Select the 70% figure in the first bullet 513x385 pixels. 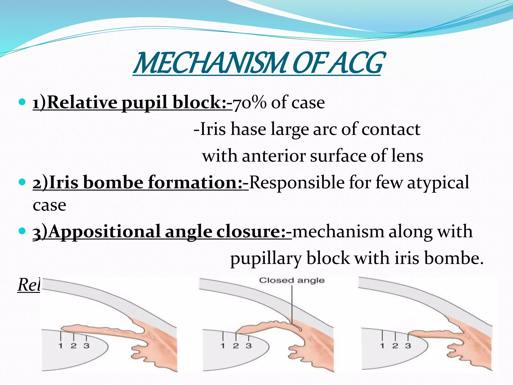249,103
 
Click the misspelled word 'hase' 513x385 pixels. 248,129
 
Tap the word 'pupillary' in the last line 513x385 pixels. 266,259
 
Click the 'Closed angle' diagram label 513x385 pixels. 292,280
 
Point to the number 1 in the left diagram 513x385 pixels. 60,346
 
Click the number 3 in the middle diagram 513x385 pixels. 248,346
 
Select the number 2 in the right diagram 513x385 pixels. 395,346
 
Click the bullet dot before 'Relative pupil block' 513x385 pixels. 22,102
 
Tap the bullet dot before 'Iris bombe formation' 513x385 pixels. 22,182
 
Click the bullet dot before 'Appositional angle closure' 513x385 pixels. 22,231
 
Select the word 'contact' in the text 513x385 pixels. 391,129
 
